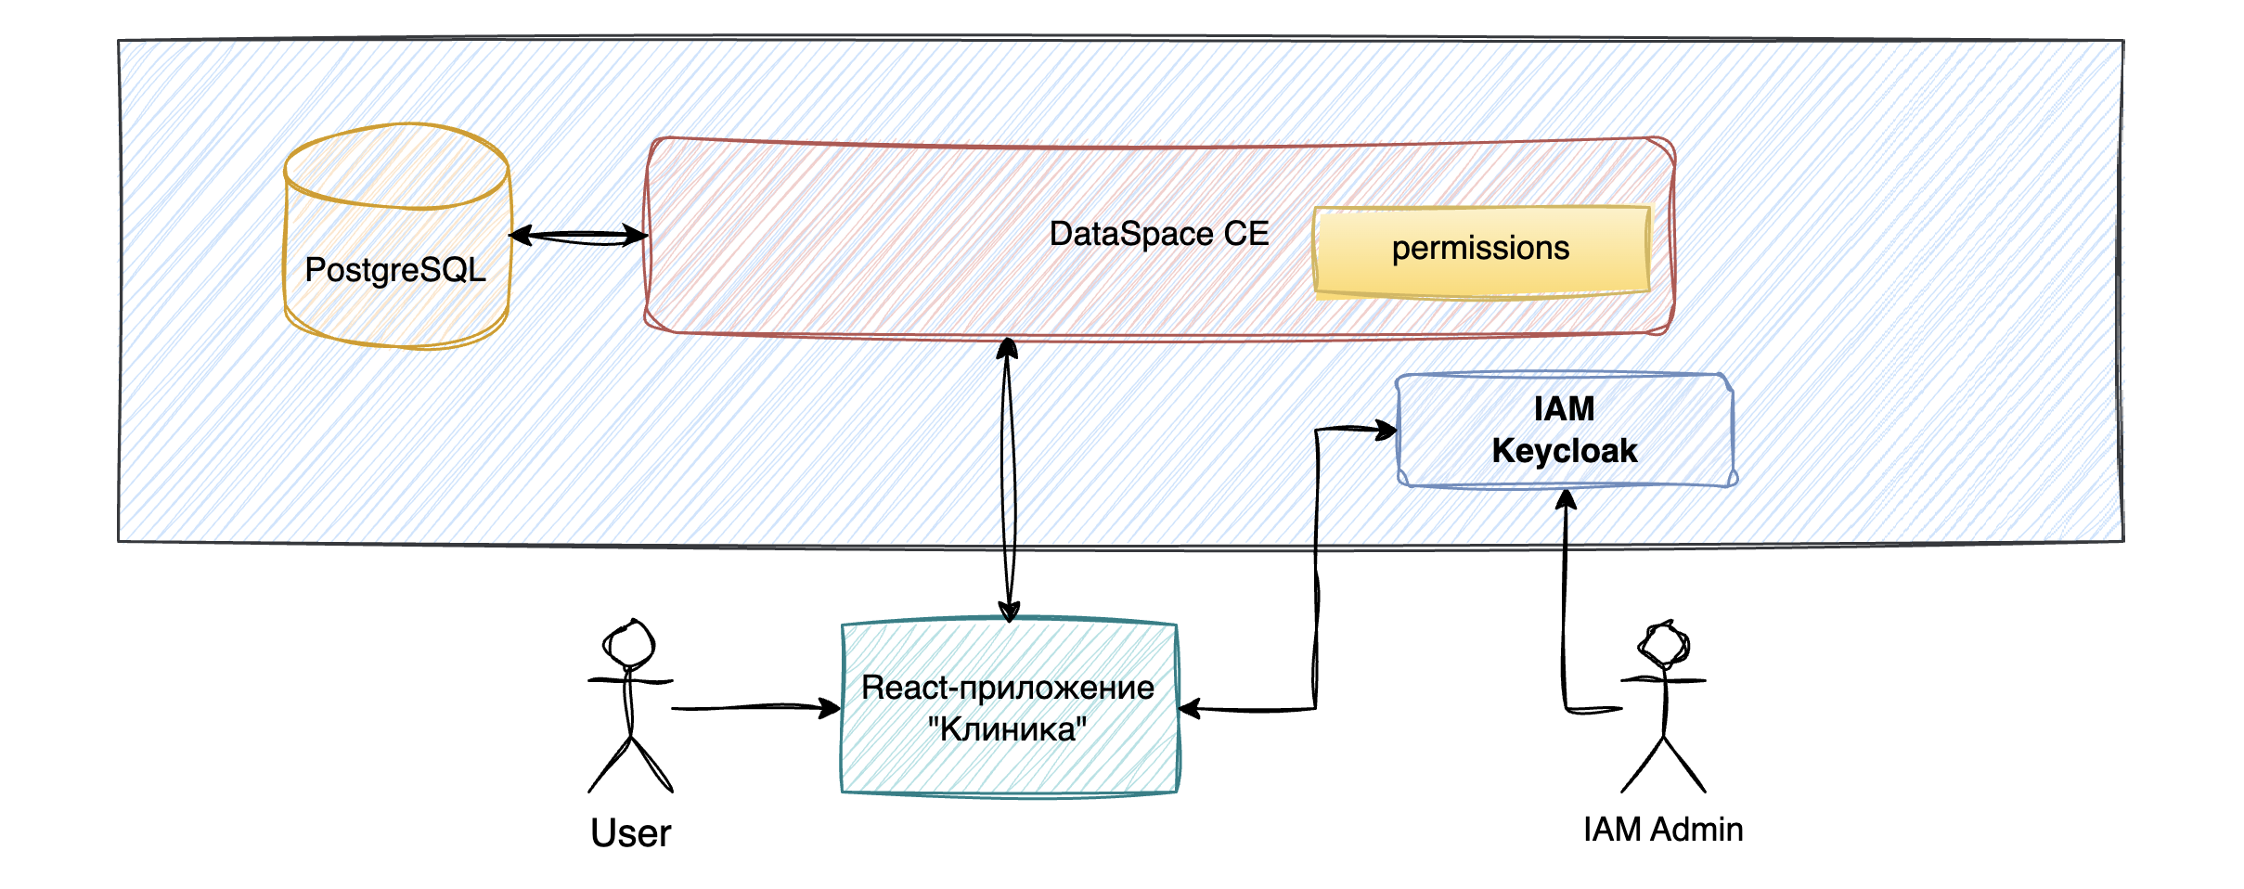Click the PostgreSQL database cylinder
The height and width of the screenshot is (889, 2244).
click(x=397, y=237)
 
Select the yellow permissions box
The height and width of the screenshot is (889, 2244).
click(x=1482, y=251)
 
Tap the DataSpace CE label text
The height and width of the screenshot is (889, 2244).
click(x=1159, y=234)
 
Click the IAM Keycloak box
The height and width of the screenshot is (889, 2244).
click(x=1566, y=430)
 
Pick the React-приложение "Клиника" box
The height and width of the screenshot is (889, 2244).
click(x=1010, y=707)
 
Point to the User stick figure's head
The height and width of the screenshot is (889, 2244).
click(x=629, y=642)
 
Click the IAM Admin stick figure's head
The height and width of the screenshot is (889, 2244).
click(x=1664, y=644)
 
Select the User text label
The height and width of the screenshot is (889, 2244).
click(x=631, y=833)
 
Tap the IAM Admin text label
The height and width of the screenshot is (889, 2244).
click(x=1663, y=830)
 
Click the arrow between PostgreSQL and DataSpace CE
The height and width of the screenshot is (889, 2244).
click(x=579, y=236)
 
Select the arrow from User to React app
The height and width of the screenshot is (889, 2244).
click(x=756, y=708)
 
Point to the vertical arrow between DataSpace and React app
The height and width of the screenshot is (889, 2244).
click(x=1008, y=479)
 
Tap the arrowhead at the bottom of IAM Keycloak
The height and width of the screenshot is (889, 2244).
click(x=1567, y=500)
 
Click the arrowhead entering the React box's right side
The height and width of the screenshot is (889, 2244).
click(x=1191, y=709)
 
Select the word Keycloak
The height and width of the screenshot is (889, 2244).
click(x=1565, y=451)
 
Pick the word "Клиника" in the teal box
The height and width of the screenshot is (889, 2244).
click(x=1008, y=729)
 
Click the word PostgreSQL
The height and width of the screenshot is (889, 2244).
click(x=395, y=270)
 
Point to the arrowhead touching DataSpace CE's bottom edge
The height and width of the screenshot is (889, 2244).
click(x=1008, y=349)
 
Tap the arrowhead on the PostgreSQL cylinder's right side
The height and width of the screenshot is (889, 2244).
click(x=522, y=236)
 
